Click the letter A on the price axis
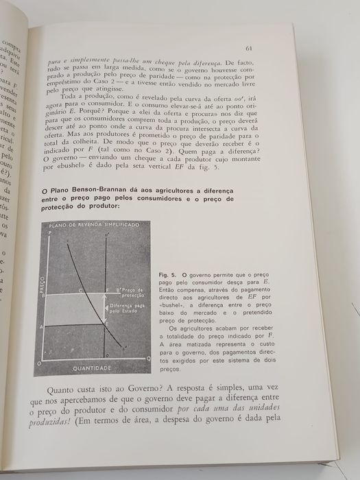point(43,326)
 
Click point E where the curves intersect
point(106,322)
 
